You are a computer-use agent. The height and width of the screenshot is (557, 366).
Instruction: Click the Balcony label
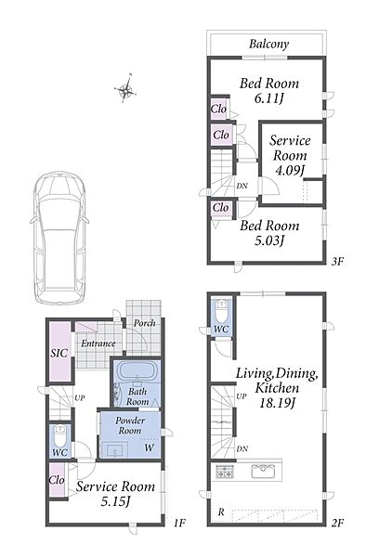coord(268,44)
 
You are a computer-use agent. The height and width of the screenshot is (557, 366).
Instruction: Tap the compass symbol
coord(126,89)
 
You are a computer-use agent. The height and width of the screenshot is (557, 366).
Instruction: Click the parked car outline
coord(59,238)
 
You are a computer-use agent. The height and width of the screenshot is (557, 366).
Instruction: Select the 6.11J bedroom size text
coord(269,98)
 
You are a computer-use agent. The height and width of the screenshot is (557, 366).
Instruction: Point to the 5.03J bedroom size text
coord(269,240)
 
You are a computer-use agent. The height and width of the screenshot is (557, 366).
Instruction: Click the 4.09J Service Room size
coord(291,171)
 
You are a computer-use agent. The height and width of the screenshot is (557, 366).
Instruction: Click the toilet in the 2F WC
coord(222,310)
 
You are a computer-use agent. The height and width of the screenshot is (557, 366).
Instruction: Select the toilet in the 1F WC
coord(59,435)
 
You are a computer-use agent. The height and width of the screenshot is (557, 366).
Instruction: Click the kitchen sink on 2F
coord(263,473)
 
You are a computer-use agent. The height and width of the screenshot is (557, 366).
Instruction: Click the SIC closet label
coord(59,353)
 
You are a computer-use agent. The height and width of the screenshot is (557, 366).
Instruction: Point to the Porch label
coord(145,323)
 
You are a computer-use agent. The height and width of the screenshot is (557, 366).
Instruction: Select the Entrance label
coord(98,343)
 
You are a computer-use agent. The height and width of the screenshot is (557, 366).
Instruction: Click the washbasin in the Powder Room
coord(115,450)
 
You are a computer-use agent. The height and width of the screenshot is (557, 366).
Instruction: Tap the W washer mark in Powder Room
coord(149,447)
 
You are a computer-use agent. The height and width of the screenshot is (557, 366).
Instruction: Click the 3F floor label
coord(337,262)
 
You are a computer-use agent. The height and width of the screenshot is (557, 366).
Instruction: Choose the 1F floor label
coord(179,523)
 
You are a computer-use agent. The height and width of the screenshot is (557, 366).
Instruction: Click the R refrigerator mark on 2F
coord(221,512)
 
